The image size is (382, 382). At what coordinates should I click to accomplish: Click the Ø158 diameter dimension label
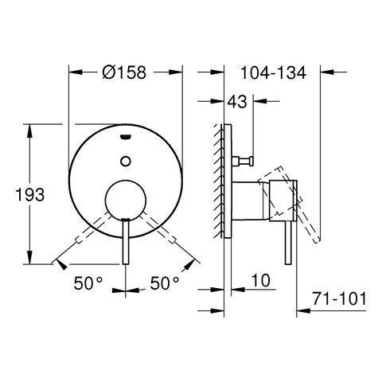[124, 72]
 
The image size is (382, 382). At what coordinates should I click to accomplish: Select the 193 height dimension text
[29, 195]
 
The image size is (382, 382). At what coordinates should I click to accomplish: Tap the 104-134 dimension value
[273, 72]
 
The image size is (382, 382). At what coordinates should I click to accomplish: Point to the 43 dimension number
[237, 101]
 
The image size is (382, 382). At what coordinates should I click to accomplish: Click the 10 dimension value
[261, 280]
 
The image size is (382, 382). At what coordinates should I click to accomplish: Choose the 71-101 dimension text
[339, 299]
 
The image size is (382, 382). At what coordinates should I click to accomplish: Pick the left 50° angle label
[88, 283]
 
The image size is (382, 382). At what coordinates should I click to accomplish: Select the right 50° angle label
[165, 283]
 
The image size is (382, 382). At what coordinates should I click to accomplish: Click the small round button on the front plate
[126, 161]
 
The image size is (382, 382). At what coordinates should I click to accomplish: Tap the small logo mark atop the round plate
[126, 136]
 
